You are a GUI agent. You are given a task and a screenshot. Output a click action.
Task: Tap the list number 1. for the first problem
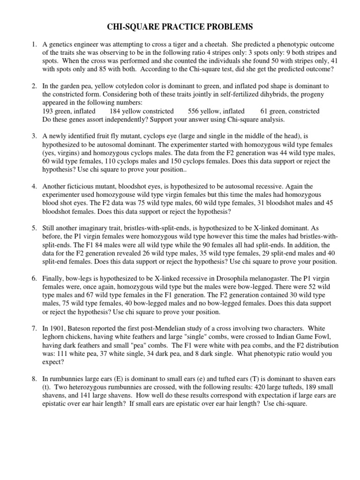[34, 45]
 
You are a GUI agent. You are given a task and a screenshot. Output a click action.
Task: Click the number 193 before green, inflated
[48, 111]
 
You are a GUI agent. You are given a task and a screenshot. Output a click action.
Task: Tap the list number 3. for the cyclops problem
[34, 136]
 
